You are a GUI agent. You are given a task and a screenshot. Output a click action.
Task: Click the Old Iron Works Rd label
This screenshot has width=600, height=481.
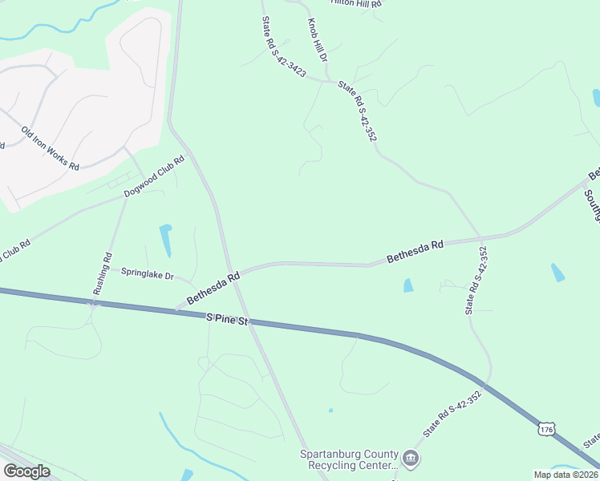click(50, 148)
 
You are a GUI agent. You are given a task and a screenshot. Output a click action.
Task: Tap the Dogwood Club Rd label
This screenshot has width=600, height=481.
click(154, 176)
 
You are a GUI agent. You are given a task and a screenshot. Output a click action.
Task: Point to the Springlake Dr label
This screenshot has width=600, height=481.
click(148, 274)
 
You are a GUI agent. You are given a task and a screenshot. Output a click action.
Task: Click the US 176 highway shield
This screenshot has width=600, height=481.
click(546, 430)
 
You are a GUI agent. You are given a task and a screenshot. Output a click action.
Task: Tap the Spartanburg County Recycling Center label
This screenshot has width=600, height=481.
click(349, 459)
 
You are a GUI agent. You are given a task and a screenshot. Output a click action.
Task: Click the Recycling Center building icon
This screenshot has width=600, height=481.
click(411, 459)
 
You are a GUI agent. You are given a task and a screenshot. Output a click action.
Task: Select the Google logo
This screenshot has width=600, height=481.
click(26, 471)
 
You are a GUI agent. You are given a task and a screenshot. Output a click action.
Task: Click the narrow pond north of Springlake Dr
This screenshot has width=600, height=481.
click(166, 238)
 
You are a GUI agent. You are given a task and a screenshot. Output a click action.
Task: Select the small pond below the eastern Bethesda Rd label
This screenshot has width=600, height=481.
click(407, 285)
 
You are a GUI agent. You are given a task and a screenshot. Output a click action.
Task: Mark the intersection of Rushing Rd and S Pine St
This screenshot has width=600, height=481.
click(95, 303)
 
